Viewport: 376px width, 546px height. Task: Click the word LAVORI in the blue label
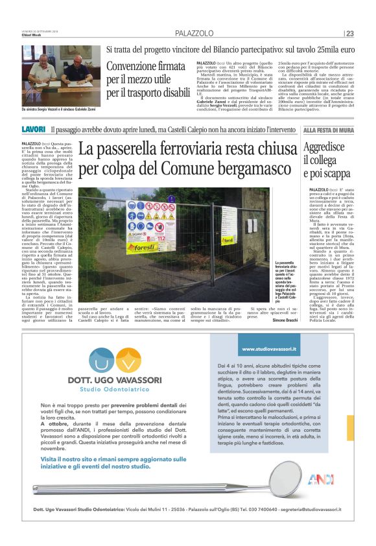pyautogui.click(x=33, y=130)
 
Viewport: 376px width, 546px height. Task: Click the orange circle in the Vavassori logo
pyautogui.click(x=128, y=358)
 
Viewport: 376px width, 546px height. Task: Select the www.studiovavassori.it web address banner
pyautogui.click(x=268, y=349)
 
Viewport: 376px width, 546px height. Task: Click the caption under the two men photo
pyautogui.click(x=61, y=109)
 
